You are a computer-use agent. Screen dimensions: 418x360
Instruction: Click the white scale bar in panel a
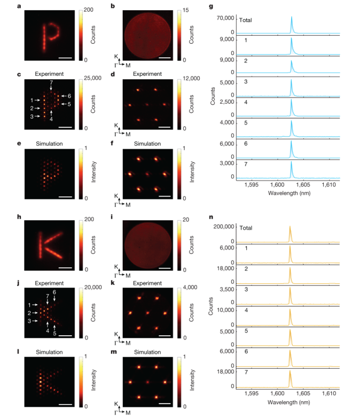point(65,57)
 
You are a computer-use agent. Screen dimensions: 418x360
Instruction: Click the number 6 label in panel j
point(54,291)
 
